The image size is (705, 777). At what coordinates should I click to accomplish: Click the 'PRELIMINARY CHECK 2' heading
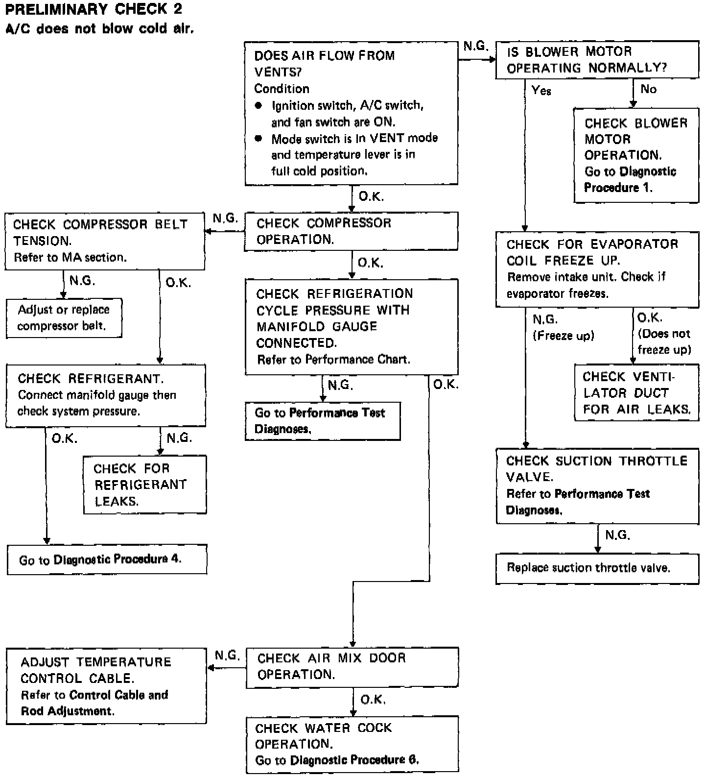(93, 9)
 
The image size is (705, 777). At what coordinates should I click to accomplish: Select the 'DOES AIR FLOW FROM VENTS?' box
(351, 113)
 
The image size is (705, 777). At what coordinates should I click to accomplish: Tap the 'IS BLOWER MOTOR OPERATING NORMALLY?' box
(597, 60)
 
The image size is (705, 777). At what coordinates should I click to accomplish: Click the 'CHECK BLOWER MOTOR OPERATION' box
(636, 155)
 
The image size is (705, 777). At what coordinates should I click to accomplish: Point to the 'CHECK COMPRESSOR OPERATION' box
(351, 231)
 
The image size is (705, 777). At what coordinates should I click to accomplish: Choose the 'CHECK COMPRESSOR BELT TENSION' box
(105, 241)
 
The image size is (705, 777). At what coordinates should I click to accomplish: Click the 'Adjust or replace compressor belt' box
(64, 318)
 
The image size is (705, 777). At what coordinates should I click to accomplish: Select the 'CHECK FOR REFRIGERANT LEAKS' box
(144, 485)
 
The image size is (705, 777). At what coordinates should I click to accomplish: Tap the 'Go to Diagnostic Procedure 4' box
(107, 559)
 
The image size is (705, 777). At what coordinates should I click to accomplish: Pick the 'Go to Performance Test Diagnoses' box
(323, 421)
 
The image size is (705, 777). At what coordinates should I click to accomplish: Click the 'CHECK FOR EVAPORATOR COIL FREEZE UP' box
(597, 269)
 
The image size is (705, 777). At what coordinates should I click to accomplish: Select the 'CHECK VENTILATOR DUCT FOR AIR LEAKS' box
(636, 393)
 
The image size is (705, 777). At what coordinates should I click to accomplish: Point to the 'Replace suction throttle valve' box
(597, 568)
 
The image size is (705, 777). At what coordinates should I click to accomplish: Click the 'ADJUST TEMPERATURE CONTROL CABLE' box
(106, 686)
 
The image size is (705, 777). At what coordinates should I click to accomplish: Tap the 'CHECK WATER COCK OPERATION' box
(352, 744)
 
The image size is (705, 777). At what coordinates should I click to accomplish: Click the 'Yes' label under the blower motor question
(541, 91)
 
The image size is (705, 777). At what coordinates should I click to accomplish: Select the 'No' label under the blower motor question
(648, 89)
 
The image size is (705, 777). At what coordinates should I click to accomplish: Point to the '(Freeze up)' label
(563, 336)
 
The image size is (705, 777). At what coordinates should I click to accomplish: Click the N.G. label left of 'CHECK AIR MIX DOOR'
(227, 656)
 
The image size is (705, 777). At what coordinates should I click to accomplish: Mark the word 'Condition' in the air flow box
(282, 89)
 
